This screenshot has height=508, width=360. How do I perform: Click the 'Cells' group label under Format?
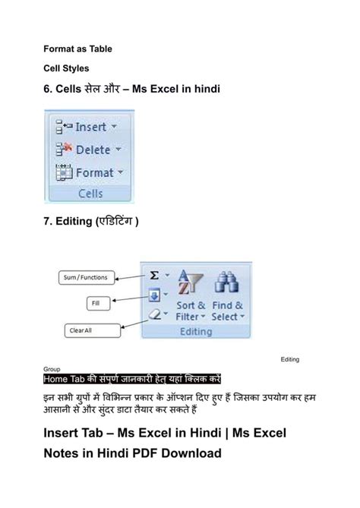click(x=90, y=194)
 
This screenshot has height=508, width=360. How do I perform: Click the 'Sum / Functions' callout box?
click(x=84, y=278)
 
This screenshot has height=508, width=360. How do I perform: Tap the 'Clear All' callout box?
click(x=92, y=330)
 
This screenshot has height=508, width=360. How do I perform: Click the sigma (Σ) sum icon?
click(x=154, y=276)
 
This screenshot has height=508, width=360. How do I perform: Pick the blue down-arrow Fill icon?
click(x=153, y=295)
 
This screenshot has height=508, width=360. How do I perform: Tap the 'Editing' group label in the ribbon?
click(x=195, y=333)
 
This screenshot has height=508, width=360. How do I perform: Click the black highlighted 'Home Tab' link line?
click(x=131, y=378)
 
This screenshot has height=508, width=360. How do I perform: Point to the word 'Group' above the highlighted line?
click(x=52, y=368)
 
